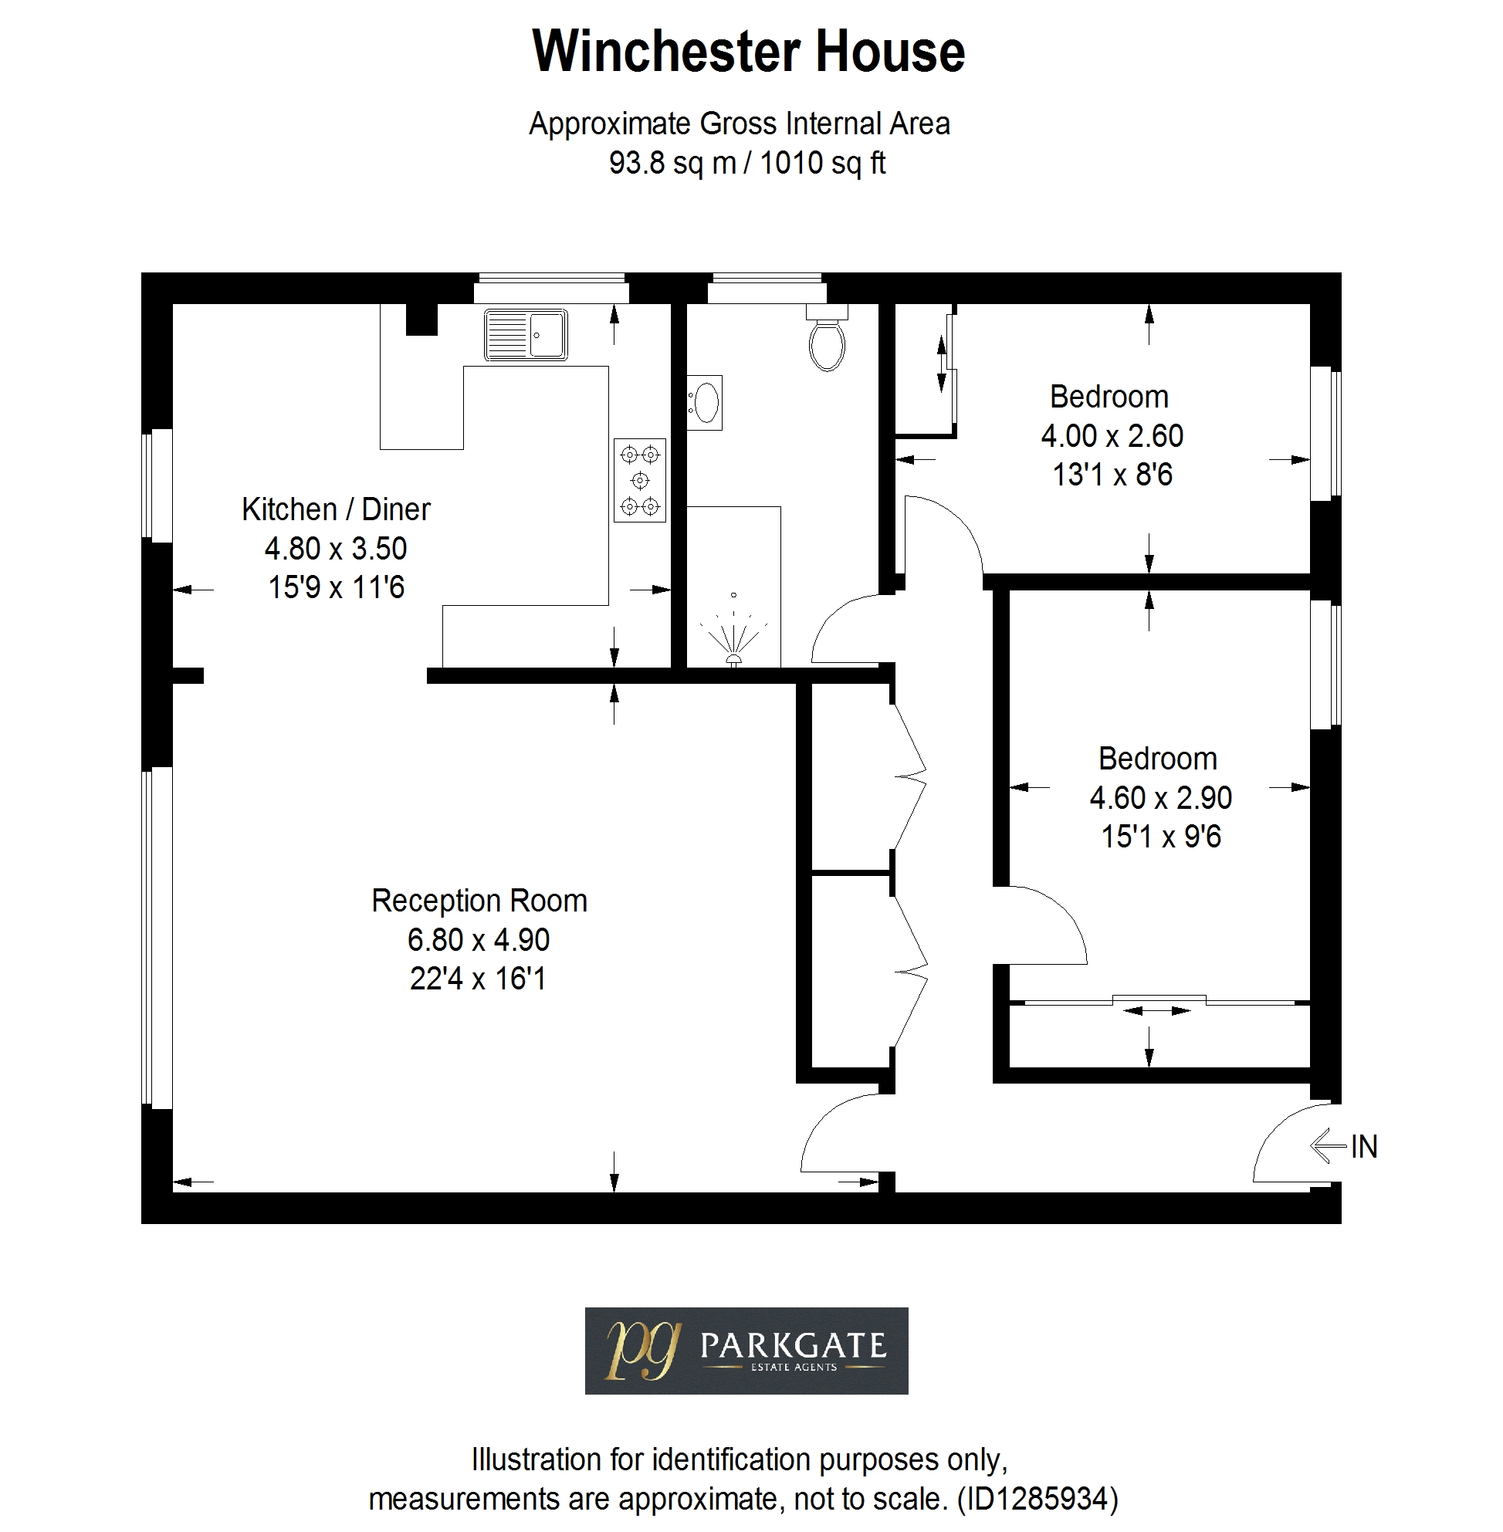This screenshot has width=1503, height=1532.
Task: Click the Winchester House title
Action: click(x=748, y=51)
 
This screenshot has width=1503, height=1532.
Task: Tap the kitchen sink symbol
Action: click(x=526, y=335)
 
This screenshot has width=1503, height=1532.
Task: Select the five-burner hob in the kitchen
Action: click(x=640, y=480)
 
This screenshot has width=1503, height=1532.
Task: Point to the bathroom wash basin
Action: click(x=704, y=403)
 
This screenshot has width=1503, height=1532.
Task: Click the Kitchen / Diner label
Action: click(x=337, y=510)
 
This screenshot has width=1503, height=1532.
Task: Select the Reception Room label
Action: click(x=479, y=901)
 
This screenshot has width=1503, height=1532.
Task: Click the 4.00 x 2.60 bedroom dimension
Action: click(x=1112, y=436)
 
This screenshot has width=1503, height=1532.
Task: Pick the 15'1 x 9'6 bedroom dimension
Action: click(x=1161, y=837)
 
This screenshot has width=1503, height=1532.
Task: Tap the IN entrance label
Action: click(x=1364, y=1147)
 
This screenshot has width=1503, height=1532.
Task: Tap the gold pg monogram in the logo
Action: click(x=642, y=1350)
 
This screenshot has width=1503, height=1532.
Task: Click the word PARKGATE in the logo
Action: click(x=794, y=1345)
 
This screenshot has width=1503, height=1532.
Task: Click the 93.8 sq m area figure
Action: click(x=672, y=164)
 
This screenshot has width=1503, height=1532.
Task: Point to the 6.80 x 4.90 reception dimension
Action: click(x=479, y=940)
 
